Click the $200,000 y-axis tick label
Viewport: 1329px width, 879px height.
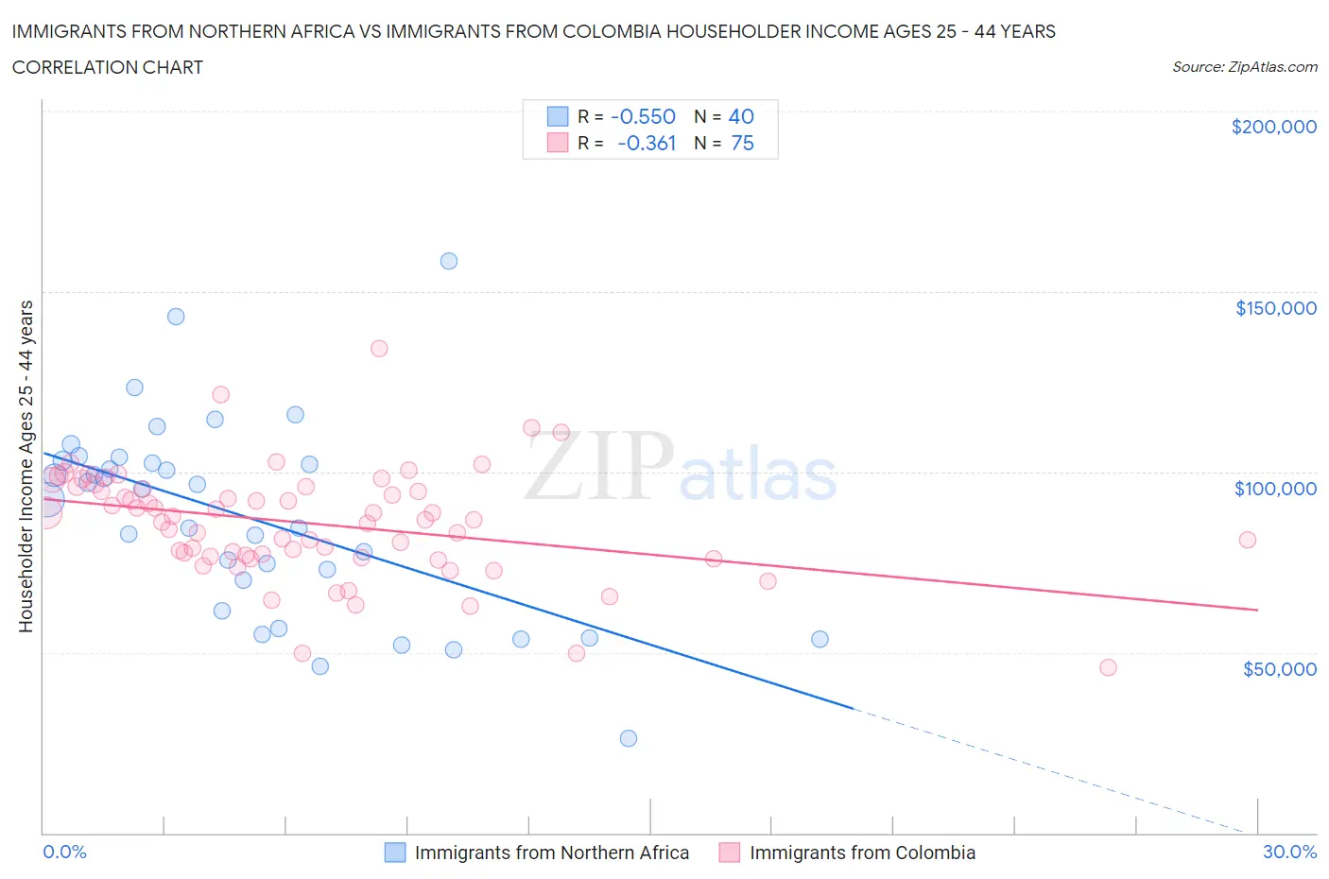(x=1273, y=127)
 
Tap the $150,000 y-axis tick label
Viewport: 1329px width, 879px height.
(x=1275, y=308)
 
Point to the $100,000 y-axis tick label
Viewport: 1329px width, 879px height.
(x=1275, y=489)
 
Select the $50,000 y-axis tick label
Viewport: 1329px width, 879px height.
(x=1279, y=669)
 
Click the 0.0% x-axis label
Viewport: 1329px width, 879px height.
(x=64, y=853)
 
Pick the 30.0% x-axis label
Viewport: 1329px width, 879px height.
(x=1289, y=853)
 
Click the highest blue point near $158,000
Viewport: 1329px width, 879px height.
(x=449, y=261)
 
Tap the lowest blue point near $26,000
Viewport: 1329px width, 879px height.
(x=629, y=738)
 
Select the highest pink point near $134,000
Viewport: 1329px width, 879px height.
(x=379, y=348)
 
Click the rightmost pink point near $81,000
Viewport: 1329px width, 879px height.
(x=1248, y=540)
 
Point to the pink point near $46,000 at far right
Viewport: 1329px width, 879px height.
(x=1109, y=667)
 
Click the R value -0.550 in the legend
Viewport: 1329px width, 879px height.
(x=643, y=116)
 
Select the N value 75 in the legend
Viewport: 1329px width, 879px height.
(x=742, y=143)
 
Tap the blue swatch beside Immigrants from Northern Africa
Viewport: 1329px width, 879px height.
(x=395, y=853)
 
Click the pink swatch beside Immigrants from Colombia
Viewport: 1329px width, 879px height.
(x=729, y=853)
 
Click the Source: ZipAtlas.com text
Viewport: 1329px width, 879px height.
(x=1244, y=67)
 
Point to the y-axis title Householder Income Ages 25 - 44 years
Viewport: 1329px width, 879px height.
(x=26, y=465)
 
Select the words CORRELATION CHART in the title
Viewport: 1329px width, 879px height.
(x=108, y=67)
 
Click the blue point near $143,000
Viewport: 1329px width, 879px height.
(x=176, y=317)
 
